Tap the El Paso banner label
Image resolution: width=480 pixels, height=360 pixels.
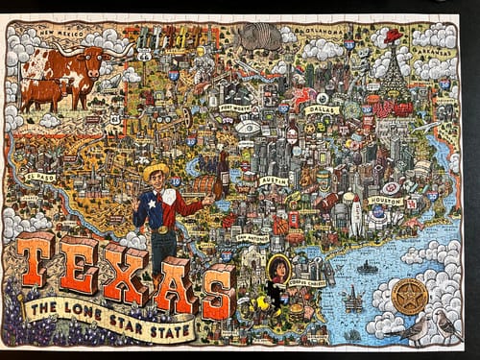pos(42,178)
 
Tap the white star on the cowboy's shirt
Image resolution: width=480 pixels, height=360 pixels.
pos(160,208)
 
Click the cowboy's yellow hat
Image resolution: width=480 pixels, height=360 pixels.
pos(155,172)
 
